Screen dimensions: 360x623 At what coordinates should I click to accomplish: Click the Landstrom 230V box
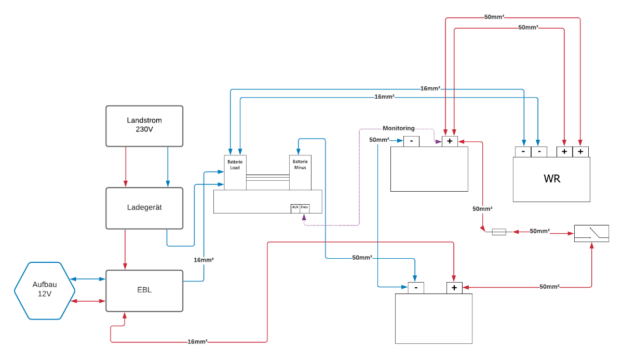[144, 126]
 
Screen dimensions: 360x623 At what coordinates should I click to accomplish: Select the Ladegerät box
[144, 208]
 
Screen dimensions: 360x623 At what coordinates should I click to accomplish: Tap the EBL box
[144, 290]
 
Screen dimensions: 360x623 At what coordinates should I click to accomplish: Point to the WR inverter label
[551, 179]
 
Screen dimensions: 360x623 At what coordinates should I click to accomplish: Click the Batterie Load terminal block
[235, 172]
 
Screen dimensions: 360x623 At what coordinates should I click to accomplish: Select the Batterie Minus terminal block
[300, 172]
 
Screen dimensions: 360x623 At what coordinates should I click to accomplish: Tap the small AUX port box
[295, 208]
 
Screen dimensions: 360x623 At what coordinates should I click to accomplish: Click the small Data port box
[304, 208]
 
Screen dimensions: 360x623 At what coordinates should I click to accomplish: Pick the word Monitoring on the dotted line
[398, 128]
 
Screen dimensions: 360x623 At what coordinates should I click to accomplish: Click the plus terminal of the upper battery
[450, 141]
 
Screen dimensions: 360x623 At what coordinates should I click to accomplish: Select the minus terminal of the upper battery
[411, 141]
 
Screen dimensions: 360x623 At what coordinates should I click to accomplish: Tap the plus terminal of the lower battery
[454, 287]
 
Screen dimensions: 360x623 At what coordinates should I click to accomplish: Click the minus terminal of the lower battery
[416, 287]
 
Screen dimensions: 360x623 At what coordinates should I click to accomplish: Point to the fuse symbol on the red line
[498, 232]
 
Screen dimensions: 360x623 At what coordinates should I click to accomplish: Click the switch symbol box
[591, 233]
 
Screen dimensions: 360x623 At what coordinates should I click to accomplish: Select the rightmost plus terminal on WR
[580, 152]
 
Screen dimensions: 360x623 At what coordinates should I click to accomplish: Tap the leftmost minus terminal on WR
[523, 152]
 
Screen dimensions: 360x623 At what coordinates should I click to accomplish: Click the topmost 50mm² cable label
[494, 17]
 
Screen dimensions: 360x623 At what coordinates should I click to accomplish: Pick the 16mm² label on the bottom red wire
[197, 342]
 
